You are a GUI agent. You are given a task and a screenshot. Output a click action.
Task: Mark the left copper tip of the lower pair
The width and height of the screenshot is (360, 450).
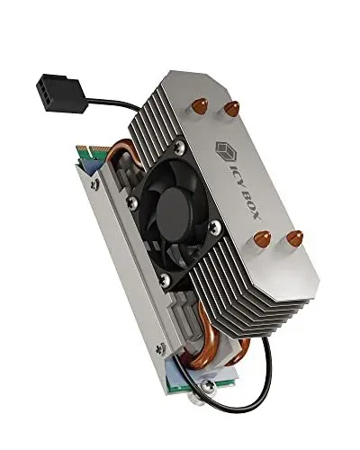click(x=261, y=238)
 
